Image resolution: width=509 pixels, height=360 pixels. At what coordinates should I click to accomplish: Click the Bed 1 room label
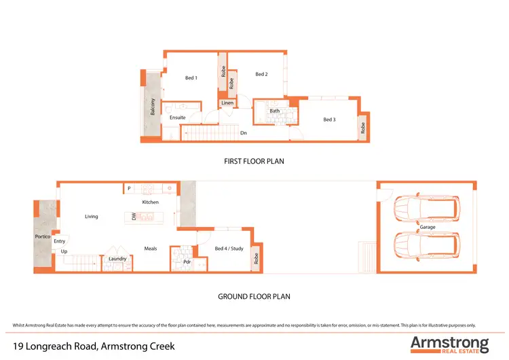(191, 78)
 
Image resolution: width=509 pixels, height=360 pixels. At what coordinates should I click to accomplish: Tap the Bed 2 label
(261, 74)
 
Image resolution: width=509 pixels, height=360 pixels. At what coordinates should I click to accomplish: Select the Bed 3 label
(329, 120)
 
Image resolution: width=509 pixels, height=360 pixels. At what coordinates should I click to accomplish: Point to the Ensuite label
(178, 118)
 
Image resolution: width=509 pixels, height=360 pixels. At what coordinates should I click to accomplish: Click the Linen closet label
(227, 103)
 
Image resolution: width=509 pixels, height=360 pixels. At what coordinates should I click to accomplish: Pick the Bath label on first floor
(274, 111)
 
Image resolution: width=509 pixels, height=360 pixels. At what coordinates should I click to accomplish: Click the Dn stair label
(243, 133)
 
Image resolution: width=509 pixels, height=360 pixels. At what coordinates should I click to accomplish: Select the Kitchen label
(150, 202)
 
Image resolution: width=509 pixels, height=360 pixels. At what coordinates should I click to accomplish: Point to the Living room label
(92, 217)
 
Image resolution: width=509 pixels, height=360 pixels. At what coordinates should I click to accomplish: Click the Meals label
(151, 249)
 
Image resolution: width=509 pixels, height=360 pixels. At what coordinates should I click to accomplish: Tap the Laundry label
(117, 259)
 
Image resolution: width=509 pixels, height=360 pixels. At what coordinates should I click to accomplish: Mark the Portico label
(42, 236)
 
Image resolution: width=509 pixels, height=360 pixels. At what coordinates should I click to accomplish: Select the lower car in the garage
(428, 245)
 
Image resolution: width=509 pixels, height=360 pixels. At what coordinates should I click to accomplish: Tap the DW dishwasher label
(134, 217)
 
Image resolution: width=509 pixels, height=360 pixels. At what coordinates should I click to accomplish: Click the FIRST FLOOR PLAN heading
(254, 162)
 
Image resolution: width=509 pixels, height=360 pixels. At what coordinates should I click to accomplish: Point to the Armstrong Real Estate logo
(449, 344)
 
